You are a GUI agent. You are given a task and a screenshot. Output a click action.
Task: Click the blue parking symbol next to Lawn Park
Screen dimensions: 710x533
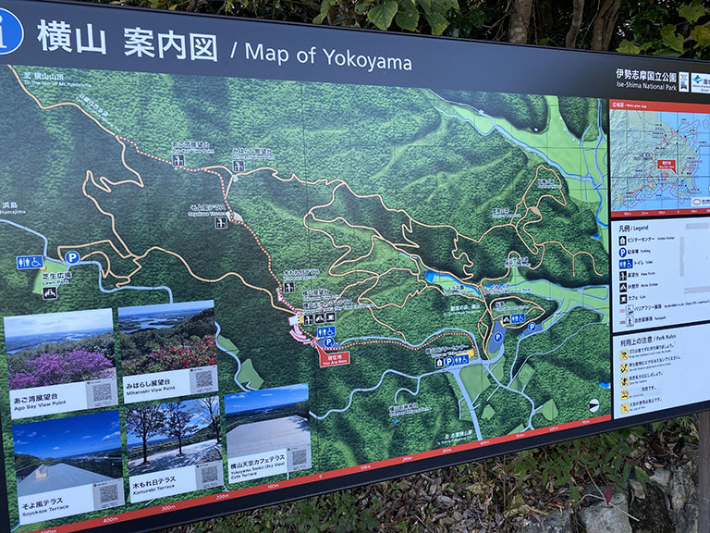pos(71,257)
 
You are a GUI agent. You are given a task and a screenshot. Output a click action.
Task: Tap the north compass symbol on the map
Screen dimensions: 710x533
pos(594,403)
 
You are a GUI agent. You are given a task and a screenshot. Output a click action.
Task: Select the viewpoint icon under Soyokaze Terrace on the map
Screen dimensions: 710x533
pos(221,222)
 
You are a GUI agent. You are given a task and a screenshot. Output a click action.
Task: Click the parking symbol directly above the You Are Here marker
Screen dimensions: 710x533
pos(327,342)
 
